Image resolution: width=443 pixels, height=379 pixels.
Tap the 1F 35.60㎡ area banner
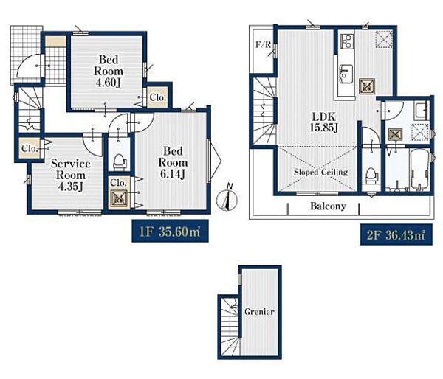point(170,232)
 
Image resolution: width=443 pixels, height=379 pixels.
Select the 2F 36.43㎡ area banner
point(396,234)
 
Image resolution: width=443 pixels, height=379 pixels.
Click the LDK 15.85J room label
point(323,122)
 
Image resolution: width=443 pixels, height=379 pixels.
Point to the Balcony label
point(328,206)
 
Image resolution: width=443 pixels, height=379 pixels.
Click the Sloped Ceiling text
point(320,172)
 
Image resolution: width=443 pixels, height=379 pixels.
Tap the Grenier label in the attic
point(259,312)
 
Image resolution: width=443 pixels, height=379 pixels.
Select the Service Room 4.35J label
point(71,175)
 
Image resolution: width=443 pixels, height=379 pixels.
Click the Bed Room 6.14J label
point(173,162)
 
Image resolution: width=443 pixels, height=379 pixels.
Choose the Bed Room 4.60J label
point(109,71)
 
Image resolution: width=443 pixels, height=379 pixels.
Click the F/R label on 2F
point(263,44)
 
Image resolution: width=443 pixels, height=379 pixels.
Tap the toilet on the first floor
point(119,161)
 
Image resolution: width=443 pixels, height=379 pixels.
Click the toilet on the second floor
point(371,175)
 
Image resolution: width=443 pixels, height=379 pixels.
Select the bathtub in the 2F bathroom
point(419,170)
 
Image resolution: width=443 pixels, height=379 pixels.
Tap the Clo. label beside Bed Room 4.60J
point(157,97)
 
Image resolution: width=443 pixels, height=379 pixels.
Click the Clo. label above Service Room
point(30,148)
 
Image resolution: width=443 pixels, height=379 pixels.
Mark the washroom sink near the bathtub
point(421,110)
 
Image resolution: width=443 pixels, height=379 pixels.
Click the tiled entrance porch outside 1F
point(27,55)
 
